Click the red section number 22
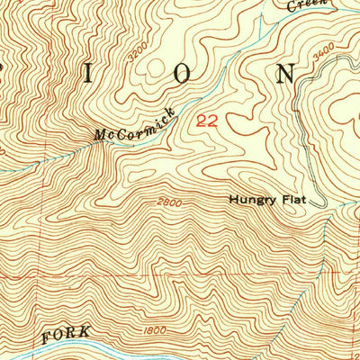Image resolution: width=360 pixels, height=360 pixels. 206,119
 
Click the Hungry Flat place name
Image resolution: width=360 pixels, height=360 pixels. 266,200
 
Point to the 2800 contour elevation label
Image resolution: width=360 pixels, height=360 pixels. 166,202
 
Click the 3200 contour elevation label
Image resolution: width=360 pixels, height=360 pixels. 136,54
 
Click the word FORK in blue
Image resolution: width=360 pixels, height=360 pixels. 66,334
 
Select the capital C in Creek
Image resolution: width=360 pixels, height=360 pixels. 292,7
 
